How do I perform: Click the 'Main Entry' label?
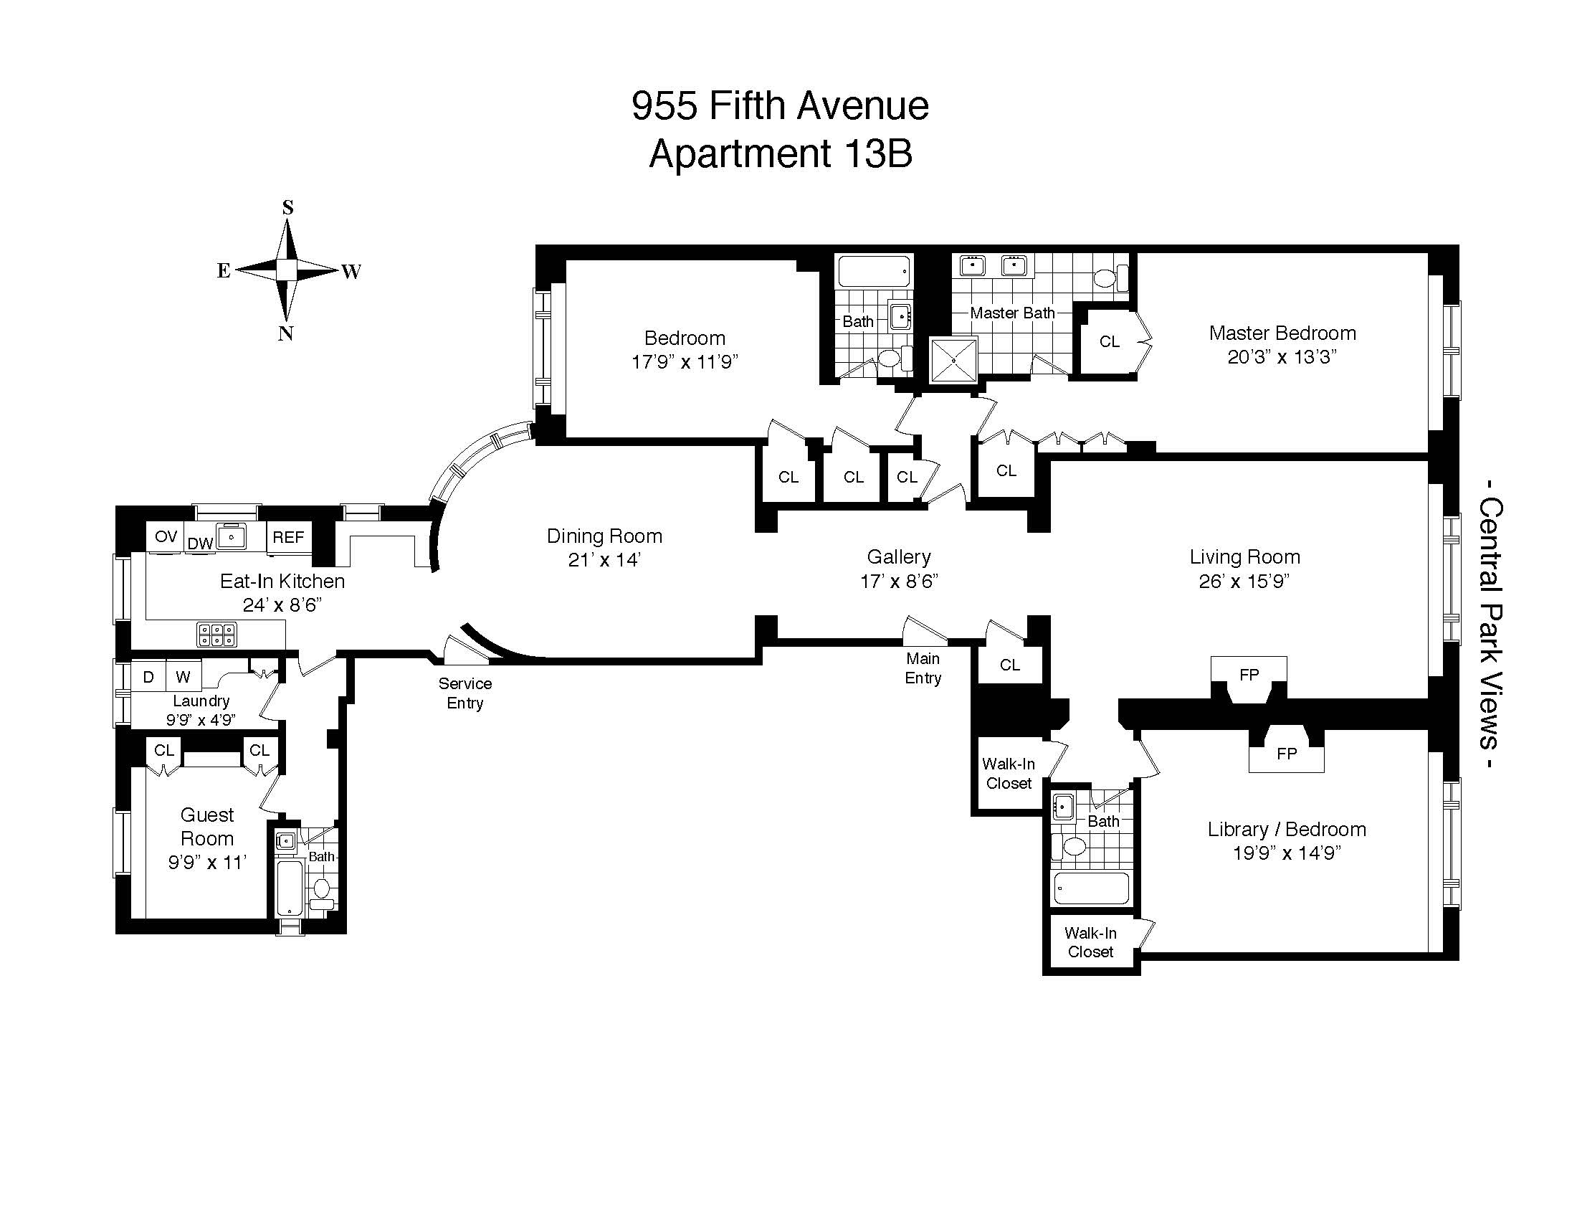(x=923, y=668)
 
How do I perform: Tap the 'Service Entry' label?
(x=465, y=693)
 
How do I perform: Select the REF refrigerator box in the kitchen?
(x=288, y=537)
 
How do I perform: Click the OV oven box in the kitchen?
(x=166, y=536)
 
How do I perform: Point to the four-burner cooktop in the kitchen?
(x=217, y=635)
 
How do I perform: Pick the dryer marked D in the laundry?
(x=149, y=677)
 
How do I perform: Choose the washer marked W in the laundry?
(x=184, y=677)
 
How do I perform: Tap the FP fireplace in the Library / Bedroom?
(x=1287, y=754)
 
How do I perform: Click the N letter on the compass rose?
(x=286, y=333)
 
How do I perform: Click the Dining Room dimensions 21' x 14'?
(x=604, y=560)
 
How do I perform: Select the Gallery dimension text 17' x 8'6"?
(x=899, y=582)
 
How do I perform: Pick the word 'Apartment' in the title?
(x=738, y=154)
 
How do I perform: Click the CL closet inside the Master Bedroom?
(x=1109, y=341)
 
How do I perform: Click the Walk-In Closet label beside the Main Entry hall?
(x=1009, y=774)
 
